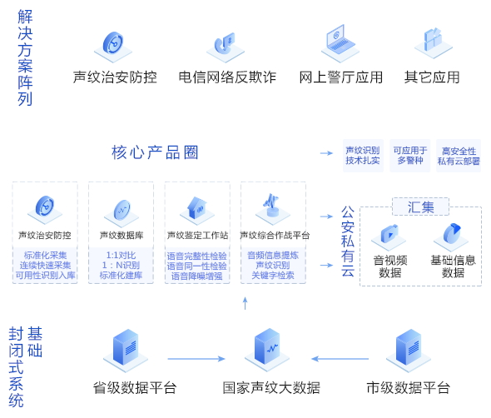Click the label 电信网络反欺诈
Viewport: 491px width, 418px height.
click(x=227, y=77)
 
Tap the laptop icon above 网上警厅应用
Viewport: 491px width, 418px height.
click(x=340, y=43)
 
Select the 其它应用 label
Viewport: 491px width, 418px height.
click(x=432, y=77)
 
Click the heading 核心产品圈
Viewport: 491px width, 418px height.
click(x=155, y=152)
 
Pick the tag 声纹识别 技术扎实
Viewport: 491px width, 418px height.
click(x=363, y=156)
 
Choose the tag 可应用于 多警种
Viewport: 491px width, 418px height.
click(x=410, y=156)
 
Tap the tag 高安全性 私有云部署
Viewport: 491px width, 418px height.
click(x=459, y=156)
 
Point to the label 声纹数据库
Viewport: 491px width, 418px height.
click(x=122, y=235)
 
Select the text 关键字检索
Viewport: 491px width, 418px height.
click(x=273, y=276)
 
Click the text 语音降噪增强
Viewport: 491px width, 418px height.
click(x=197, y=276)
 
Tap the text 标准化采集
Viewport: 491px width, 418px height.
click(x=46, y=256)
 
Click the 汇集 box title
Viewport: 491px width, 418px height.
click(x=420, y=207)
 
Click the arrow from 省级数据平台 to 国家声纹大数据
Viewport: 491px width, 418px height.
click(x=196, y=359)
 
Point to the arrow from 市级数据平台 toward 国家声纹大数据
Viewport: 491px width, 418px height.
click(x=340, y=359)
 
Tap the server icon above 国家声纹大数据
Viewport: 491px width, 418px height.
click(x=267, y=350)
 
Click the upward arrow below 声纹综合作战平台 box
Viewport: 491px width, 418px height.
click(x=245, y=303)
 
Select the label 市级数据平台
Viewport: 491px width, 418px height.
click(x=409, y=388)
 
